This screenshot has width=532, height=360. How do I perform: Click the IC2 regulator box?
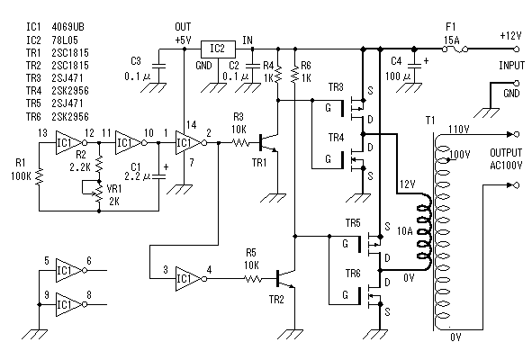[218, 49]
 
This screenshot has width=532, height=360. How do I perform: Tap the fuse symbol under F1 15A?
[455, 49]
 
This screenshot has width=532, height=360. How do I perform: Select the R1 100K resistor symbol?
[40, 176]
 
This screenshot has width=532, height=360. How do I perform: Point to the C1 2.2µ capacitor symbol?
[158, 176]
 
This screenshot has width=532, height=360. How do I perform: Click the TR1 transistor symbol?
[268, 142]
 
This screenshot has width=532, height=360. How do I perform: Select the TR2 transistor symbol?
[285, 279]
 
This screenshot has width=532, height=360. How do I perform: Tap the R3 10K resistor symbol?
[241, 143]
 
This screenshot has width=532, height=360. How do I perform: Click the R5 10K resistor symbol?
[253, 279]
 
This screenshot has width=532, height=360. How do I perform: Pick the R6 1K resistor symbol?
[295, 75]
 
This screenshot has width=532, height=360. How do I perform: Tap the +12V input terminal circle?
[517, 49]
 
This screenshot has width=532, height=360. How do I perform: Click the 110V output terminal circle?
[517, 134]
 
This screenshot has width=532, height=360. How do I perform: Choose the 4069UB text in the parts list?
[68, 27]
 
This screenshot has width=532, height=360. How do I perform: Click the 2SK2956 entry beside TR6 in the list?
[70, 117]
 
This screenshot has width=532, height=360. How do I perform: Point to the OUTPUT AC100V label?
[506, 158]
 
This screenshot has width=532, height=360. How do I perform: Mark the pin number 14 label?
[192, 125]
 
